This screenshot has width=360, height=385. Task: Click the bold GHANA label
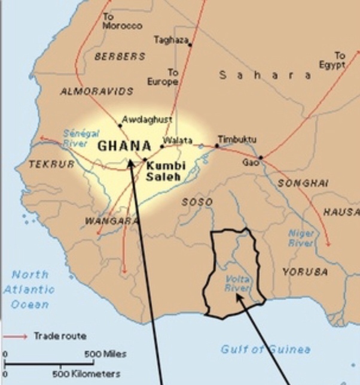pos(124,145)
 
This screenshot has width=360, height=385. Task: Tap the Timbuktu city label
pos(237,139)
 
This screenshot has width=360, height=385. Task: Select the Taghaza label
pos(170,40)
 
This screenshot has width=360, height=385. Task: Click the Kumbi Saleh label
pos(166,171)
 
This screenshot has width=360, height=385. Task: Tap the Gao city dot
pos(260,157)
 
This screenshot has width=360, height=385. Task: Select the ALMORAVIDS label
pos(96,91)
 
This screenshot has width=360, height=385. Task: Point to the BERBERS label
pos(120,56)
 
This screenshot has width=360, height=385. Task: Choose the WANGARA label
pos(108,221)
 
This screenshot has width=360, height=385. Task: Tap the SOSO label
pos(197,202)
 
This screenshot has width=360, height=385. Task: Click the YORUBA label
pos(305,272)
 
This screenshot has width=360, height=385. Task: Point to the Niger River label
pos(301,238)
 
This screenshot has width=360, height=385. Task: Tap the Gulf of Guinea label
pos(266,349)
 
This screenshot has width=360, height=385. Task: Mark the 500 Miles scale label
pos(105,354)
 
